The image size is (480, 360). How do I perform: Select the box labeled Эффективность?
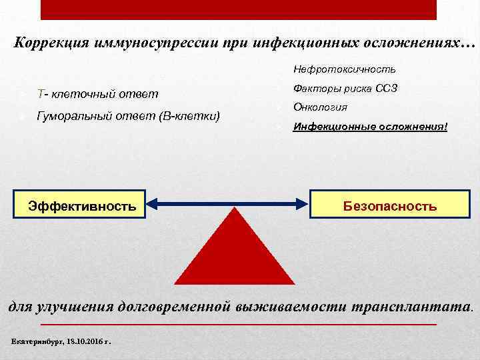pos(82,206)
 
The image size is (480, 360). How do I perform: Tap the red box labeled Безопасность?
pos(389,205)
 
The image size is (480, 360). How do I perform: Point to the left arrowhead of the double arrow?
pos(153,206)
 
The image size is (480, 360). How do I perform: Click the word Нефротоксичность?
pos(345,69)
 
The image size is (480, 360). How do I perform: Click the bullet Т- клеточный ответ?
pos(98,92)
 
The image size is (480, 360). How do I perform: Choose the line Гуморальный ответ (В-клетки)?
pos(129,116)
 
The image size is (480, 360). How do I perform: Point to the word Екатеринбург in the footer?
pos(35,341)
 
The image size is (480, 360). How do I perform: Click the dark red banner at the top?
pos(239,9)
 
